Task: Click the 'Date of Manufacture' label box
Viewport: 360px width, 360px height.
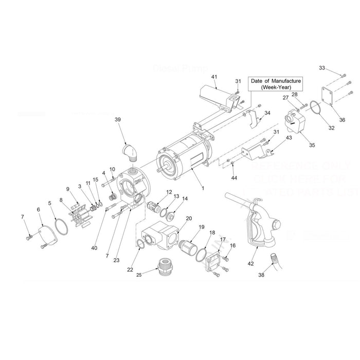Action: [x=276, y=84]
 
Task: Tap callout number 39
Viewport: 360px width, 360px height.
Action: [x=118, y=119]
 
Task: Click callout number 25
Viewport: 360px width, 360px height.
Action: [x=138, y=275]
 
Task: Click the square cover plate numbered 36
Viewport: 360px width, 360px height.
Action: [x=336, y=97]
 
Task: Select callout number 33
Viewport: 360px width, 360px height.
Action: [x=322, y=67]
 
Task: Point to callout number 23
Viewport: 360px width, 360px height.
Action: [x=117, y=260]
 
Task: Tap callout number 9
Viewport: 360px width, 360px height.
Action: [x=67, y=188]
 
